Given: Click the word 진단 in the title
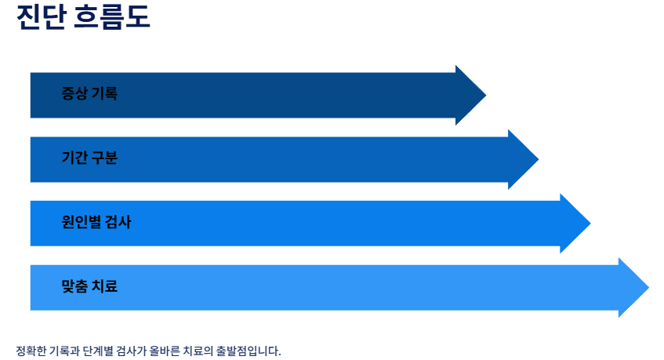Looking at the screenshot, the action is [40, 17].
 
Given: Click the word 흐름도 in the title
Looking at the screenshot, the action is [111, 17].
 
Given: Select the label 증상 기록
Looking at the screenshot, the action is [89, 94].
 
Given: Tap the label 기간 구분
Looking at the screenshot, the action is [89, 158].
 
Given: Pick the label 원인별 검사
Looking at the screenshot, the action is [96, 223].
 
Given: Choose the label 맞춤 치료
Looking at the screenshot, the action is [89, 287].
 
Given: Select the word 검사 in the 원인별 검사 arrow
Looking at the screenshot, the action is [119, 223].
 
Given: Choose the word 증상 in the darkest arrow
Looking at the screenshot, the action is [74, 94].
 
